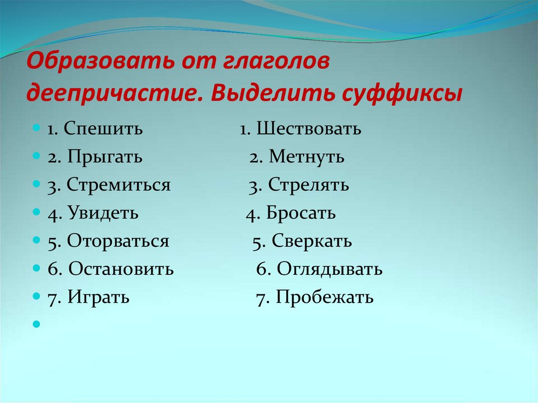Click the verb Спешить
(104, 129)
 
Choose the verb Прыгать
(104, 157)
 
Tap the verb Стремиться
(118, 185)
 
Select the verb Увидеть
(103, 213)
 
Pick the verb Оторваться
(118, 242)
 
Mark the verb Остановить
(120, 270)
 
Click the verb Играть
(98, 298)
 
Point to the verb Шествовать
(309, 129)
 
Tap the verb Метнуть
(306, 157)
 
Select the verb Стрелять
(308, 185)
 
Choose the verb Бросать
(301, 213)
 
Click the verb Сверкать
(312, 242)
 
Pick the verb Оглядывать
(329, 270)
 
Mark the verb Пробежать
(325, 298)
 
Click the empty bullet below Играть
(36, 325)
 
